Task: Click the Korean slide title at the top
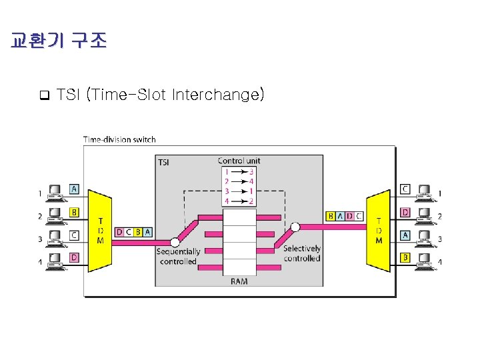pyautogui.click(x=59, y=41)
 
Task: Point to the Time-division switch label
pyautogui.click(x=119, y=139)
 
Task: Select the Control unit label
pyautogui.click(x=239, y=161)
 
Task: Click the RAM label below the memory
pyautogui.click(x=239, y=281)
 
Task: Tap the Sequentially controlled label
pyautogui.click(x=178, y=257)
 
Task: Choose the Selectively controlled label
pyautogui.click(x=302, y=253)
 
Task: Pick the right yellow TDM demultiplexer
pyautogui.click(x=379, y=230)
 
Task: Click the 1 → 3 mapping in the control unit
pyautogui.click(x=239, y=172)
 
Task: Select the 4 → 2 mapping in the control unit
pyautogui.click(x=239, y=201)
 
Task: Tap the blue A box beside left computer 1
pyautogui.click(x=74, y=189)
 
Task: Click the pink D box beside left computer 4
pyautogui.click(x=74, y=257)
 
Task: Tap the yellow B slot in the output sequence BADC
pyautogui.click(x=331, y=216)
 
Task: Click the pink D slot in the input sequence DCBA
pyautogui.click(x=119, y=232)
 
